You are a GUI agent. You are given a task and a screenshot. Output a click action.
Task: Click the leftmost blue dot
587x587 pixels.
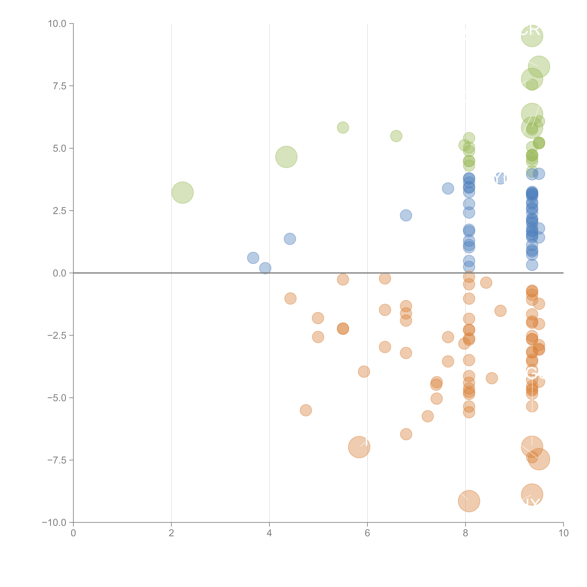point(253,258)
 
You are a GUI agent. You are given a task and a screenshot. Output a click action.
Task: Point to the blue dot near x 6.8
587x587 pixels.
point(406,215)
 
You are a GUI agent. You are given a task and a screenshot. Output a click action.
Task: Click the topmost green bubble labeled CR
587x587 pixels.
point(531,36)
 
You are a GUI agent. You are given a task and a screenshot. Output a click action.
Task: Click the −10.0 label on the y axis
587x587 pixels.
point(54,523)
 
